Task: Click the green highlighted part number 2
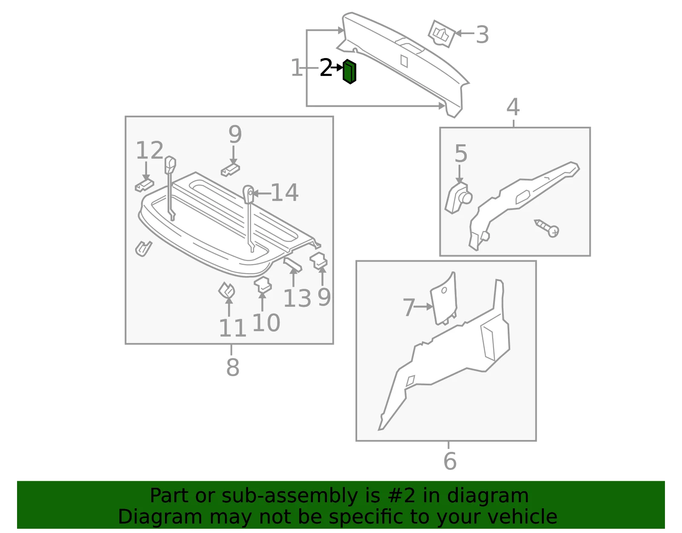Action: point(350,72)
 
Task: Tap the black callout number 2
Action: point(326,67)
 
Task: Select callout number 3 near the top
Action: point(483,35)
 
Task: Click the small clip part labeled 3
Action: point(442,34)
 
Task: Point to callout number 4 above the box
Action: point(513,107)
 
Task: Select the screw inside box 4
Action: point(547,228)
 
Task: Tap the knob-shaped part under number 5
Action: point(458,198)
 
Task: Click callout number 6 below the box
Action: point(450,461)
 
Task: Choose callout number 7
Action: point(408,307)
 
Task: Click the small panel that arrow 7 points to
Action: point(444,298)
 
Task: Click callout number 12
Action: point(149,150)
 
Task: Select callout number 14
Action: point(284,192)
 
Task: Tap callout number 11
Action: point(232,328)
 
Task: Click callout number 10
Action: point(266,323)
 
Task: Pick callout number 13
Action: point(297,298)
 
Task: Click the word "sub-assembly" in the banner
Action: point(290,496)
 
